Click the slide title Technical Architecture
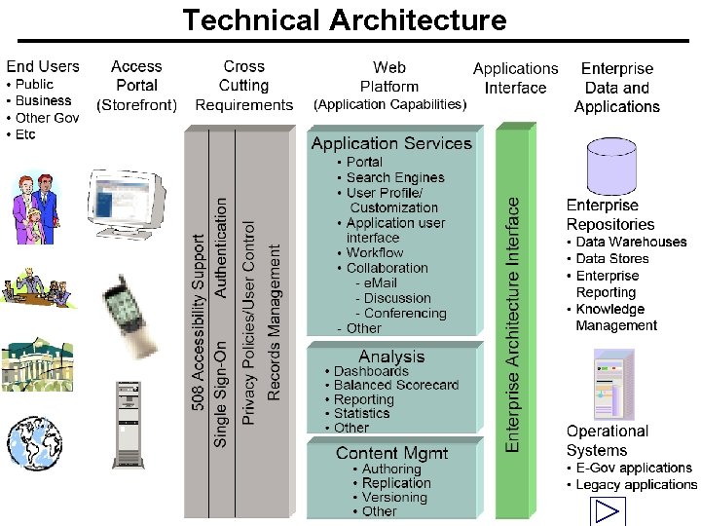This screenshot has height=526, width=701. click(345, 19)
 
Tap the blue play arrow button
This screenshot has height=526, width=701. click(608, 512)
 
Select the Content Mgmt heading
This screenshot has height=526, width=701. click(391, 453)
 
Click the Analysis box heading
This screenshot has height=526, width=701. click(391, 357)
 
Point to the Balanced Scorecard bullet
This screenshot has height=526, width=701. click(395, 385)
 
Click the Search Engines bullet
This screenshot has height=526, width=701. click(394, 177)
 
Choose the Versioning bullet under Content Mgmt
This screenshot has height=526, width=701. click(393, 497)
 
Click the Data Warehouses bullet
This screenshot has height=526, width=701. click(630, 242)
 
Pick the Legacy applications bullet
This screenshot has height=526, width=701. click(635, 484)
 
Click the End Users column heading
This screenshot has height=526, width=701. click(43, 66)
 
